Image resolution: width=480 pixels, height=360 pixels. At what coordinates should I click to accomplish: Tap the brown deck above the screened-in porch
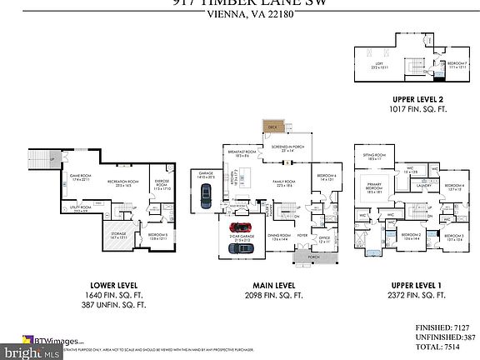pyautogui.click(x=272, y=127)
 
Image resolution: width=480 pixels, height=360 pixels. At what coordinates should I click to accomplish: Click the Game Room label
pyautogui.click(x=68, y=177)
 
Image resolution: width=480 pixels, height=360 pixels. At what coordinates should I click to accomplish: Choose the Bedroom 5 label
pyautogui.click(x=158, y=237)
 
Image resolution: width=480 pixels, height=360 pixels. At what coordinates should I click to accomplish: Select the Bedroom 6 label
pyautogui.click(x=326, y=177)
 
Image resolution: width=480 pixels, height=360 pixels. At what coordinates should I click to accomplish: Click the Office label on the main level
pyautogui.click(x=325, y=239)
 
